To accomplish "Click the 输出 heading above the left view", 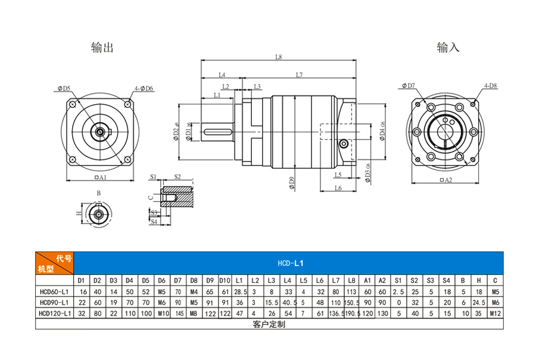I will click(102, 47).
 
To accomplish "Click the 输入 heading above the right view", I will click(448, 47).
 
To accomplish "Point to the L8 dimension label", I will click(278, 57).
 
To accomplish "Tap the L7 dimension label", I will click(299, 75).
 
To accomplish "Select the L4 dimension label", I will click(222, 75).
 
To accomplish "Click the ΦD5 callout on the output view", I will click(64, 88).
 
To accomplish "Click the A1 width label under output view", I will click(99, 178).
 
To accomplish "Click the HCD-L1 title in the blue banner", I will click(291, 262).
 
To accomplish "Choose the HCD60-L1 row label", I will click(54, 291).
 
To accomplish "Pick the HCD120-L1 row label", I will click(54, 313).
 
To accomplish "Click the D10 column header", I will click(225, 280).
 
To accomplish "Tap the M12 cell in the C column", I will click(495, 313).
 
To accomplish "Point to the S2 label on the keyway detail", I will click(177, 177).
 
